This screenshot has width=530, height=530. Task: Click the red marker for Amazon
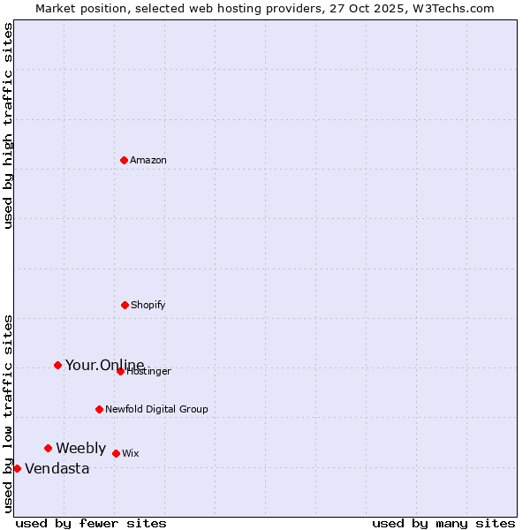125,160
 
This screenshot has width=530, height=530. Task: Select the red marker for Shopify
125,305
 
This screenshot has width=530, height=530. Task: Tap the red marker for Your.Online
57,365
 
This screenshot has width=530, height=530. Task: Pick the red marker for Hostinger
120,371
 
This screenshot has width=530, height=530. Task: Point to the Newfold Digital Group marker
99,409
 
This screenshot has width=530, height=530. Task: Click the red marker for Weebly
48,448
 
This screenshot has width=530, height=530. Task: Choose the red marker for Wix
116,453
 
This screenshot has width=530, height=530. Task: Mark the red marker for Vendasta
17,468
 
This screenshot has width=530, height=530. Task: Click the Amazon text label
148,160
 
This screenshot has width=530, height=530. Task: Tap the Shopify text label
148,305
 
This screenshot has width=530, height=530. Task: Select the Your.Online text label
104,365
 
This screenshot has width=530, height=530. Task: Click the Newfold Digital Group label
156,409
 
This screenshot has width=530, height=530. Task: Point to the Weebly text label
80,448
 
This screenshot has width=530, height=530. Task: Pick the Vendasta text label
57,468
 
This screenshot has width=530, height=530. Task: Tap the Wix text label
130,453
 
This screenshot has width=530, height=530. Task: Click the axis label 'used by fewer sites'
91,523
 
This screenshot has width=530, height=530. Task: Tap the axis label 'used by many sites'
443,523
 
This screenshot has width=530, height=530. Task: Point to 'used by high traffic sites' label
9,125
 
